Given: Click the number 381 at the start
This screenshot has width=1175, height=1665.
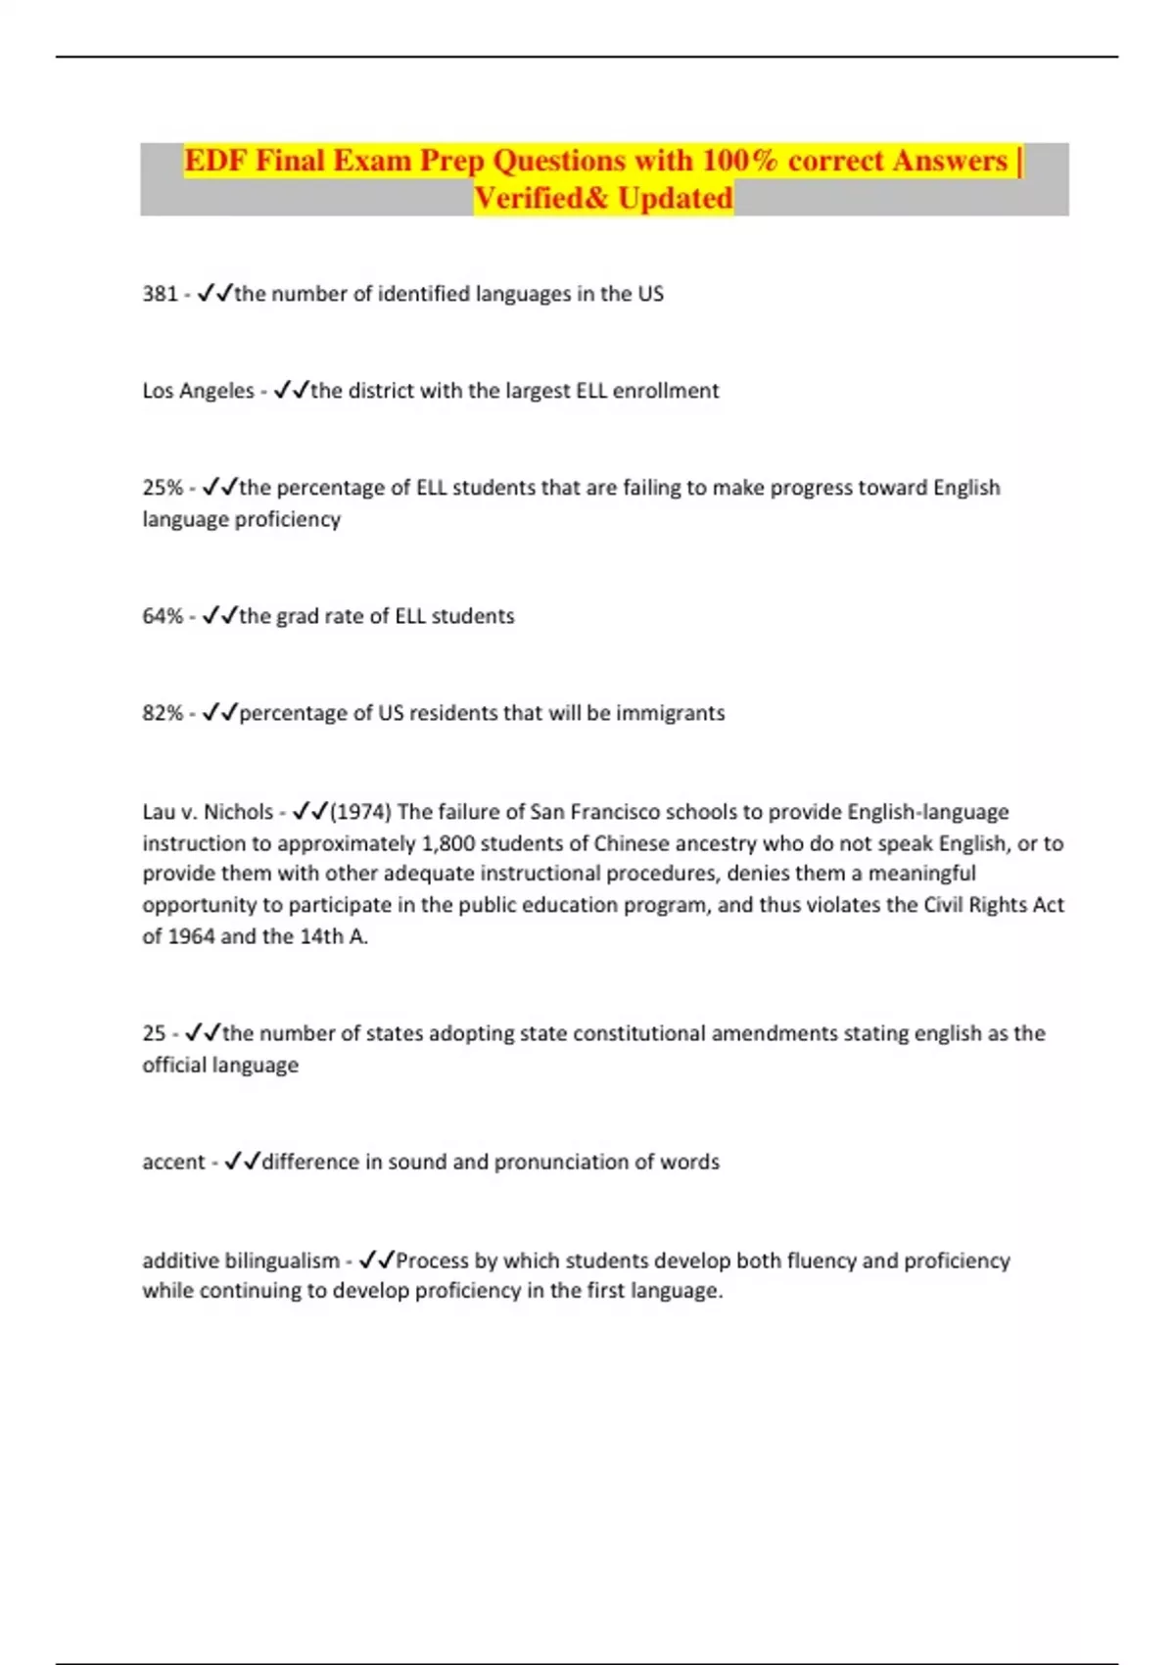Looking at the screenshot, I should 160,294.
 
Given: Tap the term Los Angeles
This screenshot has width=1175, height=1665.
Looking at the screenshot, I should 198,391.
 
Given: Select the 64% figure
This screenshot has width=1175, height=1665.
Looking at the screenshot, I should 163,616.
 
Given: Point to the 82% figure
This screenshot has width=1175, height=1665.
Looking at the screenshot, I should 163,713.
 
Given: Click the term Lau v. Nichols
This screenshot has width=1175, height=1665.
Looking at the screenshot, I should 208,812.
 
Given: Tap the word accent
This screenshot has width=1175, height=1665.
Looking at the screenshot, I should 173,1162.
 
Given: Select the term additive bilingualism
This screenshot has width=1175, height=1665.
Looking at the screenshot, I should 241,1261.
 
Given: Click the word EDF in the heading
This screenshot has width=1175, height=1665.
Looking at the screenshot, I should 215,161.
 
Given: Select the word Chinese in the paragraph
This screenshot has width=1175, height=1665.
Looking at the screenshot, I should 629,843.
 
